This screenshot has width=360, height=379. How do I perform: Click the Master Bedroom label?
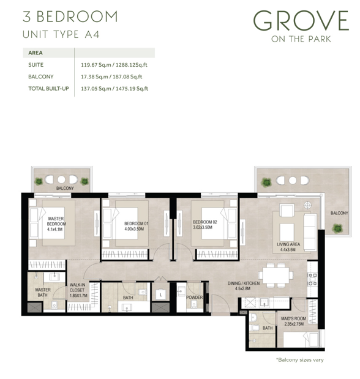tap(56, 221)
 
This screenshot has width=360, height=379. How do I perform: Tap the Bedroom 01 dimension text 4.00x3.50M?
tap(134, 229)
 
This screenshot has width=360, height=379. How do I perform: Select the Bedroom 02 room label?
tap(204, 222)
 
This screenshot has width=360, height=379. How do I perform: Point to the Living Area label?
tap(288, 244)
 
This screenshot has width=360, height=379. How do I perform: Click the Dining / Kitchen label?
tap(244, 283)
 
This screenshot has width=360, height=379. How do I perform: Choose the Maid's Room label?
tap(293, 318)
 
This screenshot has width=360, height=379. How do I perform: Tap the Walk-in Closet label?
tap(77, 287)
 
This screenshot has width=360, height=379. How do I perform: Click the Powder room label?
tap(194, 298)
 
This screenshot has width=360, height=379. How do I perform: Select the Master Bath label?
tap(43, 292)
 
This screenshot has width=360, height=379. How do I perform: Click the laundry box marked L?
tap(160, 295)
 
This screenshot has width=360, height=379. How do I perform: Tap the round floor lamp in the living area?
tap(307, 205)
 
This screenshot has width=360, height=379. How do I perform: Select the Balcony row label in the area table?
tap(40, 77)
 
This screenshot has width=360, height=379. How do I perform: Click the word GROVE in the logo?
tap(301, 21)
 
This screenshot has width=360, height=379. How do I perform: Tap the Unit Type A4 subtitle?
tap(61, 34)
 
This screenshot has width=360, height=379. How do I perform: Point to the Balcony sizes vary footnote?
tap(300, 360)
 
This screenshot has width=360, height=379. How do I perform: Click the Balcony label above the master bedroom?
tap(65, 188)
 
